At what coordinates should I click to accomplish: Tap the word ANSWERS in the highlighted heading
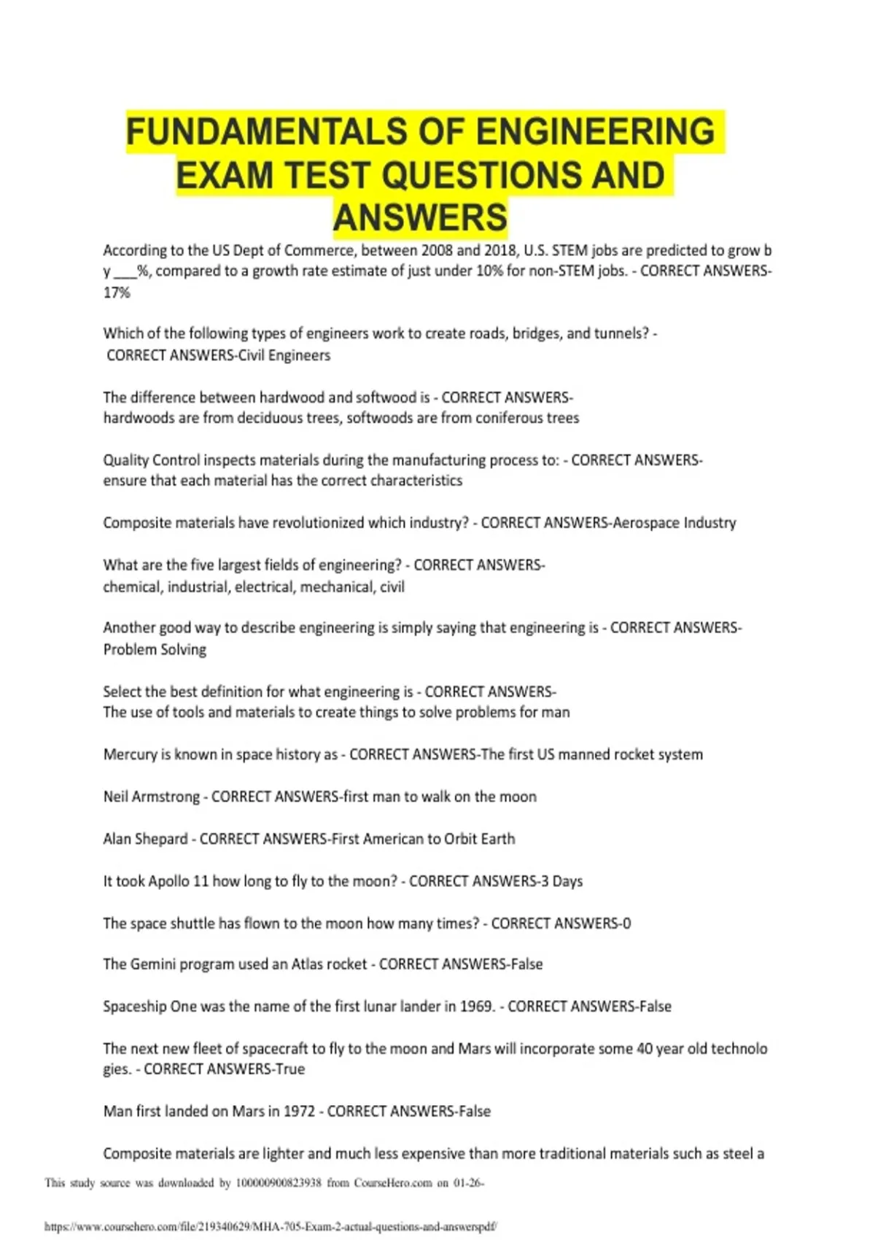tap(420, 217)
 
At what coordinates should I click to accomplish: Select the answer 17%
tap(117, 292)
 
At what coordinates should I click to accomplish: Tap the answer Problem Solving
tap(155, 649)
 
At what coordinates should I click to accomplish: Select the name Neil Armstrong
tap(151, 797)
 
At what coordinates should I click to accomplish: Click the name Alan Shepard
tap(145, 839)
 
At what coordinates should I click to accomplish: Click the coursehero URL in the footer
tap(271, 1227)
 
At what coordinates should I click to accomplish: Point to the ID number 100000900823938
tap(279, 1183)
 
